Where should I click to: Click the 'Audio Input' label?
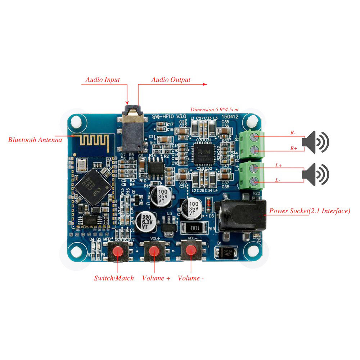[103, 80]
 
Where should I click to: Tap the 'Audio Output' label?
[171, 80]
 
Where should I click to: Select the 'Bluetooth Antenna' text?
[35, 140]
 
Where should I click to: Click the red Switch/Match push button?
[117, 252]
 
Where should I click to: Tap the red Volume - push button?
[191, 251]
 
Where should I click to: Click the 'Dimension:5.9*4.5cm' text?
[215, 109]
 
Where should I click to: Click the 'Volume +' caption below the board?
[156, 278]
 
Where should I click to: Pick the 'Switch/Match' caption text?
[114, 278]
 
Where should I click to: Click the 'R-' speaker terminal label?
[293, 132]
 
